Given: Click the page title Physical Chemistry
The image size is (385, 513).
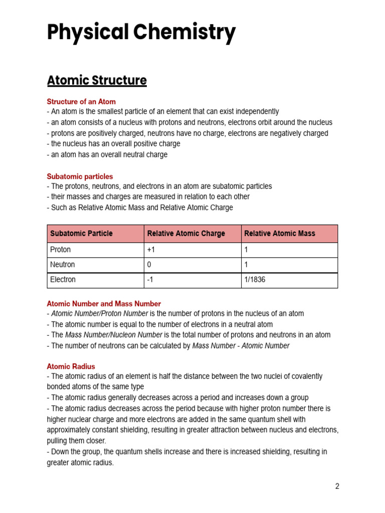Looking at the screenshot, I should pyautogui.click(x=141, y=33).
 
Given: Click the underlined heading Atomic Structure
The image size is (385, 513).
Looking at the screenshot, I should pyautogui.click(x=97, y=81).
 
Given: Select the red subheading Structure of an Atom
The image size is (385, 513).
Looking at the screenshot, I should pyautogui.click(x=81, y=102).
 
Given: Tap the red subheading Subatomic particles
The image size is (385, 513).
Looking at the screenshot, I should pyautogui.click(x=80, y=176).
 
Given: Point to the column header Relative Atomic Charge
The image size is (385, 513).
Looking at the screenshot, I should pyautogui.click(x=186, y=233).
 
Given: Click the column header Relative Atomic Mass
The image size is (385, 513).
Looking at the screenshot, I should pyautogui.click(x=279, y=233).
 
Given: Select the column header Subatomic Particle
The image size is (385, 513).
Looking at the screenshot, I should pyautogui.click(x=82, y=233).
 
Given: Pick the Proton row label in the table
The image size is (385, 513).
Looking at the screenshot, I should pyautogui.click(x=61, y=249).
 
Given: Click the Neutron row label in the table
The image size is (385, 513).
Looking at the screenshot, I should pyautogui.click(x=63, y=265).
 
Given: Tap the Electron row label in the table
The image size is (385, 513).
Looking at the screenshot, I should pyautogui.click(x=63, y=280).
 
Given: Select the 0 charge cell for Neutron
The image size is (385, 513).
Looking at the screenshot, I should pyautogui.click(x=149, y=265).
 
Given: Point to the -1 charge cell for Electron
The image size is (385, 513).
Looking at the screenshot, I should pyautogui.click(x=150, y=280).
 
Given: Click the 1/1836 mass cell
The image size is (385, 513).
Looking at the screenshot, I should pyautogui.click(x=255, y=280).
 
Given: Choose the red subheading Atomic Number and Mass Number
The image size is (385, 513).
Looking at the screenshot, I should pyautogui.click(x=104, y=304).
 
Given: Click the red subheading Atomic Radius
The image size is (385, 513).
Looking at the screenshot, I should pyautogui.click(x=71, y=366).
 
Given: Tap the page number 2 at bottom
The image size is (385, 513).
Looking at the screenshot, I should pyautogui.click(x=337, y=486).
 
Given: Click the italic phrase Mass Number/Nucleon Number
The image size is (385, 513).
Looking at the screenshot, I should pyautogui.click(x=114, y=335).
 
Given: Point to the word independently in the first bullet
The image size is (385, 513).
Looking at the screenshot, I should pyautogui.click(x=254, y=112).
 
